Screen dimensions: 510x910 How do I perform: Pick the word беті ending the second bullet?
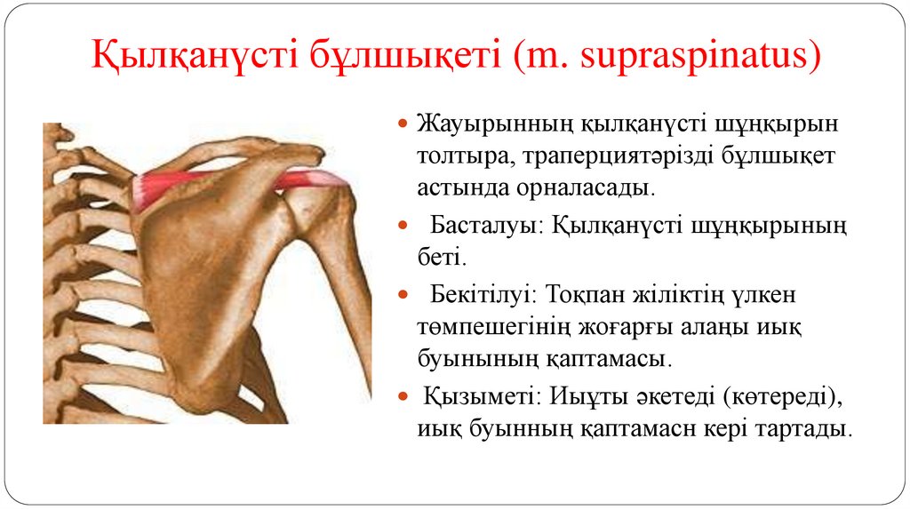(x=439, y=259)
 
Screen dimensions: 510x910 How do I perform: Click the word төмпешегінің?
(x=484, y=327)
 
